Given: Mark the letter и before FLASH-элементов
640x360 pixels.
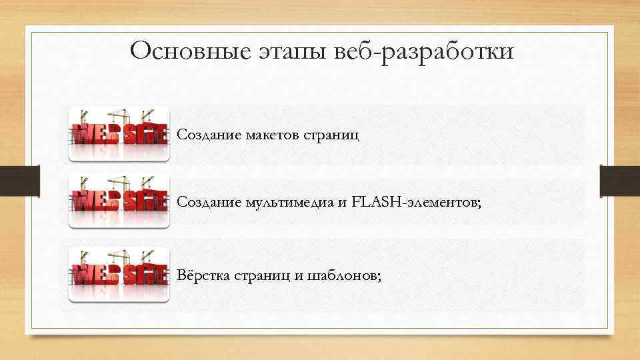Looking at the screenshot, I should pos(341,203).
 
